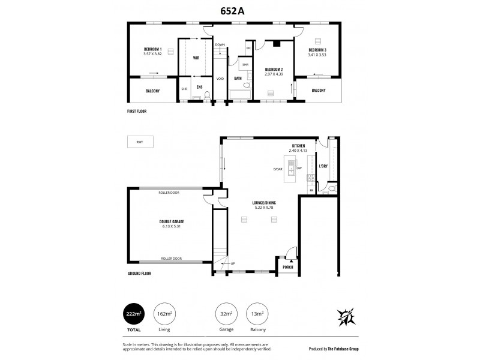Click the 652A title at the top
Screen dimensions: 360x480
pos(239,10)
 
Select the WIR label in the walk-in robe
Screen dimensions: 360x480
pos(196,58)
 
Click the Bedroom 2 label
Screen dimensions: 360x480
pos(274,70)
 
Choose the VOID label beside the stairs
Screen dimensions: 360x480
pos(220,79)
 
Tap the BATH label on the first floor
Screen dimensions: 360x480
pos(238,79)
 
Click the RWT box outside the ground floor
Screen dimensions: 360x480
pos(140,142)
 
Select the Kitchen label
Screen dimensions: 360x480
pos(299,146)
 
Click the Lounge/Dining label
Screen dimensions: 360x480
pos(264,202)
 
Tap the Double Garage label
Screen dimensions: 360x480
pos(172,221)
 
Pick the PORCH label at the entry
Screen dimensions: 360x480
pos(288,267)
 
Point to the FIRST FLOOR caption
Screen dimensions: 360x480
pos(137,112)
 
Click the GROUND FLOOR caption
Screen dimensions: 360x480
pos(140,273)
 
